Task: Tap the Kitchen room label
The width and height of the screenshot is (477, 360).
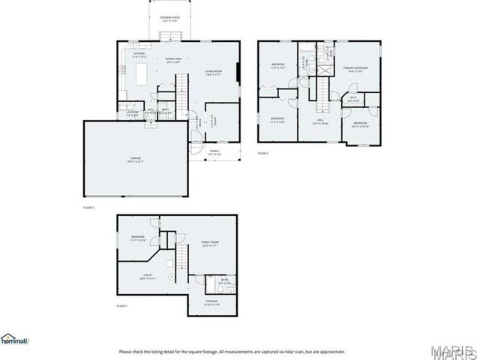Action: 139,55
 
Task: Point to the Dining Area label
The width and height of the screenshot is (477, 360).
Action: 173,61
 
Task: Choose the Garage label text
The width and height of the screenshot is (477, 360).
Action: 136,159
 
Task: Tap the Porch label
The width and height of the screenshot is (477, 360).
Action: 214,151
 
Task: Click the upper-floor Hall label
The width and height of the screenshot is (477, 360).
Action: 319,120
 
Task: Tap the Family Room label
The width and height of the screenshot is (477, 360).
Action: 210,244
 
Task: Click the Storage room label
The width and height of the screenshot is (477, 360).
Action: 212,302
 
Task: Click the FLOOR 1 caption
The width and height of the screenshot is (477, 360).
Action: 122,307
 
